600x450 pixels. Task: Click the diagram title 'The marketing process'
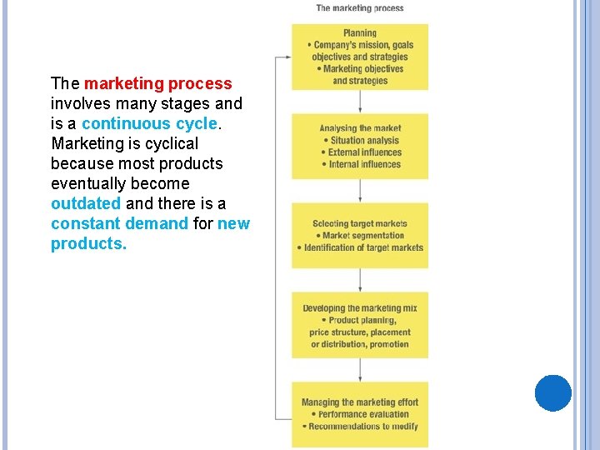(360, 8)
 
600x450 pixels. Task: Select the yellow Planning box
(360, 57)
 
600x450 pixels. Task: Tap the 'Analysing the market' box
(360, 147)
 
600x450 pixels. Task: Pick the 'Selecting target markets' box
(360, 236)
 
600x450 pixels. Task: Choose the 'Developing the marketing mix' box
(360, 325)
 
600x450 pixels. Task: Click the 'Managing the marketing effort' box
(360, 414)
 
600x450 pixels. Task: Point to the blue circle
(553, 393)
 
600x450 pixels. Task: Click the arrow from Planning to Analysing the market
(360, 102)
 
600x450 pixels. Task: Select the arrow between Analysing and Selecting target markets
(360, 192)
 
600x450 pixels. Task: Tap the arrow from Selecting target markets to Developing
(360, 281)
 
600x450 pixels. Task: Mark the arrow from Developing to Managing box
(360, 370)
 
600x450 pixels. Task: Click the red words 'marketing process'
(157, 83)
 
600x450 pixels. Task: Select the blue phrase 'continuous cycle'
(149, 123)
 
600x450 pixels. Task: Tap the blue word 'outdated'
(86, 203)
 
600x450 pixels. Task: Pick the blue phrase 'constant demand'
(119, 223)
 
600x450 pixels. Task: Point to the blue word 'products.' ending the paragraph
(88, 243)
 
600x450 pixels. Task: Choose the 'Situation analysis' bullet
(364, 141)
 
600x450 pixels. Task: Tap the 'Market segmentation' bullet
(362, 236)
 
